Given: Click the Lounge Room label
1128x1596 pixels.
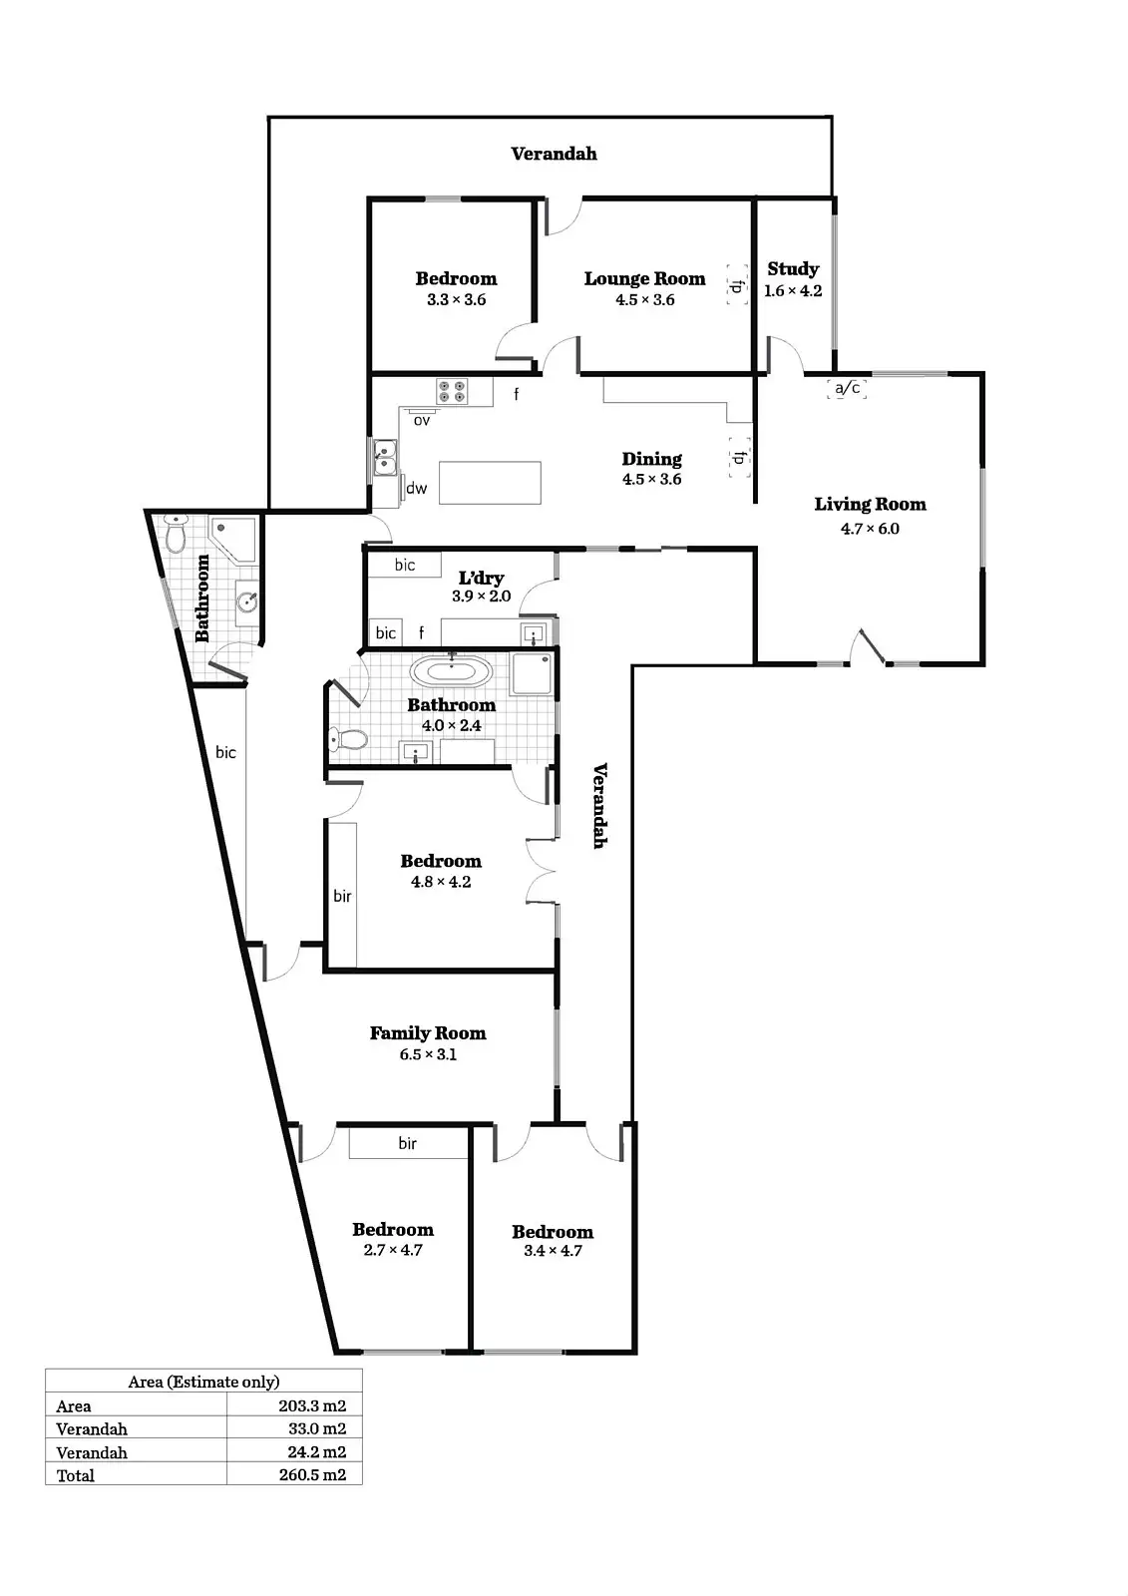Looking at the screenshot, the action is pos(644,279).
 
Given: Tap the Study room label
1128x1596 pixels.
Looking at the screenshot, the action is pos(793,269).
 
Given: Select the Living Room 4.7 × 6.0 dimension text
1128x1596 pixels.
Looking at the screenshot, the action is pos(870,529).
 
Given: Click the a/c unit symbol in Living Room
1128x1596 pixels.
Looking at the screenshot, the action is pos(847,388).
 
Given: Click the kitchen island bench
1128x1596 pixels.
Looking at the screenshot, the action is pos(490,483).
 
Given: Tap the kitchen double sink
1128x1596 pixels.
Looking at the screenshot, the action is pos(384,460).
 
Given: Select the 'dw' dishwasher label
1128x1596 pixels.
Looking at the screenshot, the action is pos(416,489).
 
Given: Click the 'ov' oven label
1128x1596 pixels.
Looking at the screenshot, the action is pos(422,420).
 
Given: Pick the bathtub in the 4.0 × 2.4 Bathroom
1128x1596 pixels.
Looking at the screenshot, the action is pos(452,670).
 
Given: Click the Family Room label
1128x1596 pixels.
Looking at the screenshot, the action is pos(428,1033).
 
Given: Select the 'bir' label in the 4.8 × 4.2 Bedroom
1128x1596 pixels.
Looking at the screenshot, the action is pos(342,896).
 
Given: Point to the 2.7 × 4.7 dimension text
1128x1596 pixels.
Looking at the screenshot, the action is pos(393,1250).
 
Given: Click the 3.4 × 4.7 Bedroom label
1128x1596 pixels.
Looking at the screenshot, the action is pos(553,1232).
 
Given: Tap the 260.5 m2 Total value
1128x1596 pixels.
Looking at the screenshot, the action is pos(312,1475).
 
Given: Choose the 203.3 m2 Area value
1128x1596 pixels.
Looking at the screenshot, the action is pos(312,1405).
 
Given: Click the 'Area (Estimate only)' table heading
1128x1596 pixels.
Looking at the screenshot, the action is pos(203,1382).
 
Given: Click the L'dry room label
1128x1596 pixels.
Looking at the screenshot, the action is pos(481,579).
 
